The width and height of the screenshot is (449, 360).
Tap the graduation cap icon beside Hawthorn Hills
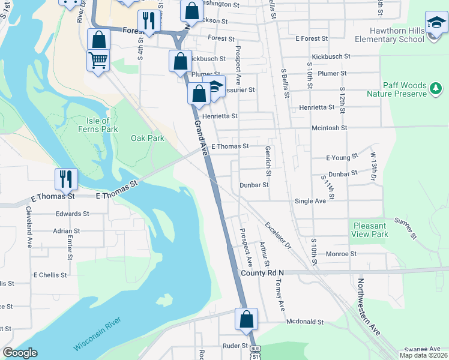(x=436, y=23)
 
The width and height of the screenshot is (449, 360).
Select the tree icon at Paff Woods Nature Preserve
(x=436, y=89)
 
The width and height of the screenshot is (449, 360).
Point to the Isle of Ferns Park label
(x=98, y=125)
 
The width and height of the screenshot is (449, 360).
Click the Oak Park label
(x=148, y=138)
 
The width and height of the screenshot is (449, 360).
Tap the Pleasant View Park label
(x=370, y=230)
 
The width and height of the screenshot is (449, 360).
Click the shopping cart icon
(x=98, y=60)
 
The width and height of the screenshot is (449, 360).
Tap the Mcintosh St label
(x=329, y=128)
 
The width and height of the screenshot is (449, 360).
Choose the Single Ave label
(x=310, y=201)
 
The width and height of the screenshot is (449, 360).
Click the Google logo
(x=20, y=353)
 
